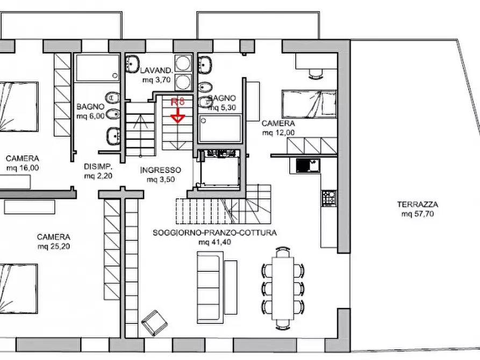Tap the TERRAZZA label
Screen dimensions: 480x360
point(418,204)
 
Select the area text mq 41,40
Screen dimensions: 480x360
point(214,242)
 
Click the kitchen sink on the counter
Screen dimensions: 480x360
point(309,165)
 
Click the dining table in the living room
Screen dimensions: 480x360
point(283,289)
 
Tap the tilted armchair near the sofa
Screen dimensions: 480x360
point(154,322)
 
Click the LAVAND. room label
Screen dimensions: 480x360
point(157,70)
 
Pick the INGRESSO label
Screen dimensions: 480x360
point(161,170)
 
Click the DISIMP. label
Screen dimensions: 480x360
point(98,167)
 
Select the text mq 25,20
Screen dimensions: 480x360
point(54,247)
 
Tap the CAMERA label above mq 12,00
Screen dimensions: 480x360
point(278,124)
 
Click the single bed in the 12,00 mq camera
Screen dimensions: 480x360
point(309,104)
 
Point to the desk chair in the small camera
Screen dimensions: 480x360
point(316,74)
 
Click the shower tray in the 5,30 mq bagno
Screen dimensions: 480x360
point(220,128)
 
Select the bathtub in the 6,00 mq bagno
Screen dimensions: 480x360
point(97,68)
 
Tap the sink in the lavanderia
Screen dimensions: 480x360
point(133,64)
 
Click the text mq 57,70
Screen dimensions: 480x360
point(418,214)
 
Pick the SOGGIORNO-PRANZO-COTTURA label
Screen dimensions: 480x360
point(214,233)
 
